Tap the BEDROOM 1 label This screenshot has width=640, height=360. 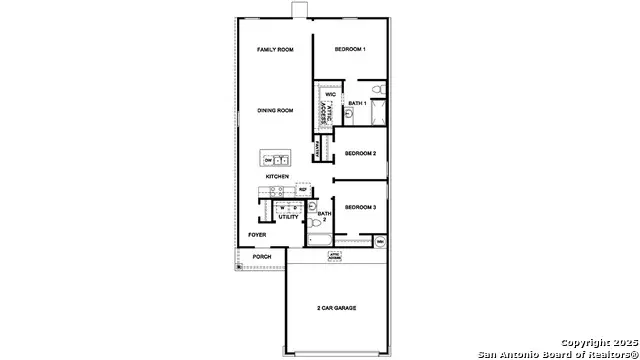click(x=350, y=49)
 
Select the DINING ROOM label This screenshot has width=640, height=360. click(x=275, y=110)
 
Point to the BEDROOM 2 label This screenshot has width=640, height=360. click(x=360, y=153)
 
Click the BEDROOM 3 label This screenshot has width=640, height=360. click(x=360, y=207)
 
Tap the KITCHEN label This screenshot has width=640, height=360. click(x=277, y=176)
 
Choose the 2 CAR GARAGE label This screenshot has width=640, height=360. click(x=337, y=308)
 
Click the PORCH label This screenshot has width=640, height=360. click(x=262, y=257)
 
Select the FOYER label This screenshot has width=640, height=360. click(x=257, y=235)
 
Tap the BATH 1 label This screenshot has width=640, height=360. click(x=358, y=102)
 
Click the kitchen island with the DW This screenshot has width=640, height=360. click(x=275, y=159)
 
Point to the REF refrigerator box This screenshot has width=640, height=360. click(x=302, y=188)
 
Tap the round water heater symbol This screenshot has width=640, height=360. click(x=380, y=242)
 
